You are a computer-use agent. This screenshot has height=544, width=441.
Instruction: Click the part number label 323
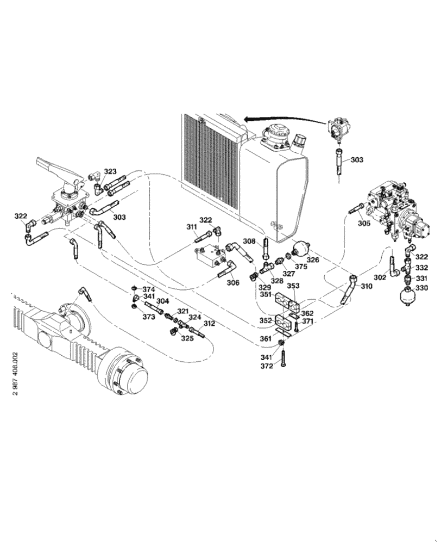point(110,171)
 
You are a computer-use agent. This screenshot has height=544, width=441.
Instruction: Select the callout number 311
point(192,227)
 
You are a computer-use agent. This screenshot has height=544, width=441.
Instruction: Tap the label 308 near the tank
point(249,241)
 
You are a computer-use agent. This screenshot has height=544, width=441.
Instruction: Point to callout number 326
point(313,260)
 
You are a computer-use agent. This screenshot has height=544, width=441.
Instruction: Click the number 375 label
point(301,267)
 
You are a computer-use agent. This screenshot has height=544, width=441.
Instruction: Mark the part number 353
point(293,286)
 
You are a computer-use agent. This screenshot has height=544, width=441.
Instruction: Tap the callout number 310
point(367,286)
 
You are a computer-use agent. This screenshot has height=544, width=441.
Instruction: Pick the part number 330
point(422,287)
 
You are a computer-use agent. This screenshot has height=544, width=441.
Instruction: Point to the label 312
point(210,324)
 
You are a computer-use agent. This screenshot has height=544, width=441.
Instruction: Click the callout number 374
point(149,289)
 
